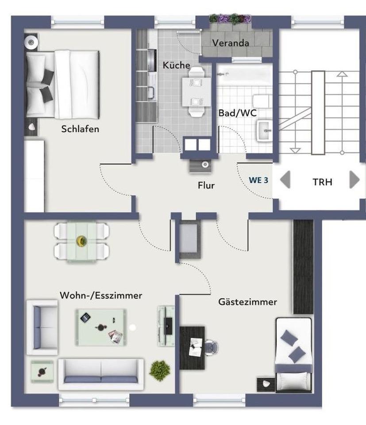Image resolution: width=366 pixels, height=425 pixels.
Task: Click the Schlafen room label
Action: coord(80,129)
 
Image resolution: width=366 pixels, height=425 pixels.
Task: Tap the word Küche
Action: coord(177,65)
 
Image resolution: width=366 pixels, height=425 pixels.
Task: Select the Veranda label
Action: coord(231,43)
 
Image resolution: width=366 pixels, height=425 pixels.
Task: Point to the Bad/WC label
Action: coord(237,113)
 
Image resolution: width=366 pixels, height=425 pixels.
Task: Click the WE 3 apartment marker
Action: coord(258,180)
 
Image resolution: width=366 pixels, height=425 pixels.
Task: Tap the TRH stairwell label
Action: coord(322,182)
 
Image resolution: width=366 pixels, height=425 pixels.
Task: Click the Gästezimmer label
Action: coord(247,302)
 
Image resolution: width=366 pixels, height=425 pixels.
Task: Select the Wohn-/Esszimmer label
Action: coord(101,295)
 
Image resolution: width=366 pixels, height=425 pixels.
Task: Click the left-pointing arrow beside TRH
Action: coord(285,179)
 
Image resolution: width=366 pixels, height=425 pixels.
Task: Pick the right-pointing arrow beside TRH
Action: coord(354,179)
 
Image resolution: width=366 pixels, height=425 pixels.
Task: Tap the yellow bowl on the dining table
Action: coord(81,240)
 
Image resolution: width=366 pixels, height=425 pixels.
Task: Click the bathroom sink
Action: coord(264,131)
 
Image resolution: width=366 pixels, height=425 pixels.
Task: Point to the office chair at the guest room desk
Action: coord(211,347)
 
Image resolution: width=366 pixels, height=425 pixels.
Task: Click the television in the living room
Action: coord(168,326)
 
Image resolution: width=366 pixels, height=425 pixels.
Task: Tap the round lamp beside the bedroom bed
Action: coord(31,42)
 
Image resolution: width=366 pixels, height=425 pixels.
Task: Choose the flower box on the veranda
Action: coord(230,19)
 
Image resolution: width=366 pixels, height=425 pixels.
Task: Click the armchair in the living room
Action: coord(42,328)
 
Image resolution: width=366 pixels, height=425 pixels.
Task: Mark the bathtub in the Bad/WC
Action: coord(245,74)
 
